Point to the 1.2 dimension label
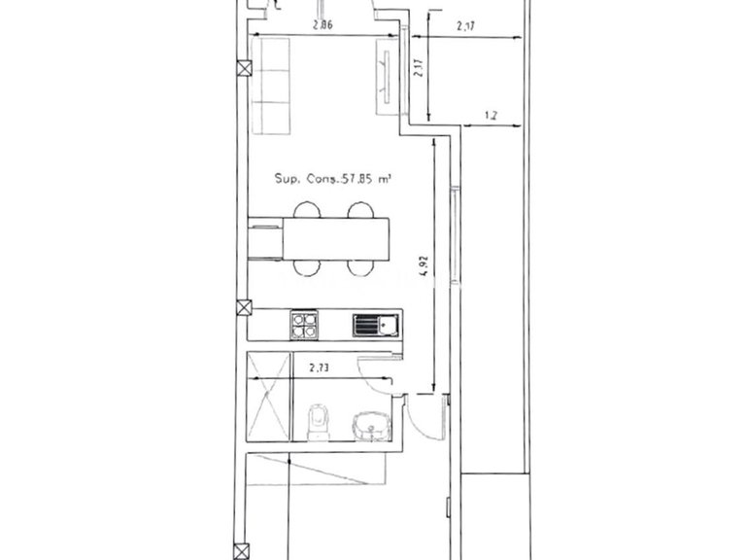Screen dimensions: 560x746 (492, 116)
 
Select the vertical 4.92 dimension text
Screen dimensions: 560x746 (424, 265)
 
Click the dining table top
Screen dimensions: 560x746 (336, 238)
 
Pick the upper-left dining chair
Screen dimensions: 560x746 (306, 209)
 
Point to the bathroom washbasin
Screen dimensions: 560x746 (369, 424)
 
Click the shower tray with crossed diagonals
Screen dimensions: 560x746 (269, 397)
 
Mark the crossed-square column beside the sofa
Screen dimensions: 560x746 (243, 69)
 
